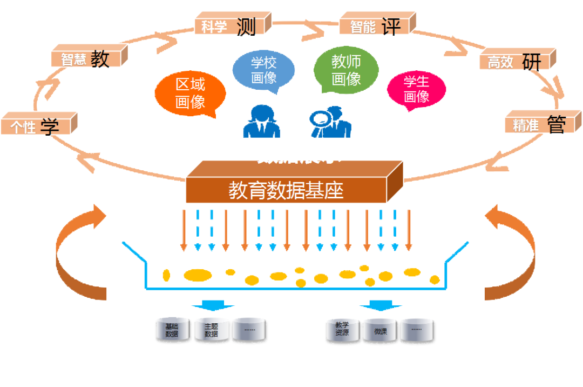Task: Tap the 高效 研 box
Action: pos(516,61)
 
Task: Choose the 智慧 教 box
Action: pos(87,58)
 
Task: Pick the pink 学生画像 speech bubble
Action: pos(416,89)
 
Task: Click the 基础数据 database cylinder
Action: pos(172,329)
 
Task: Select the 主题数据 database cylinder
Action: pos(211,329)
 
